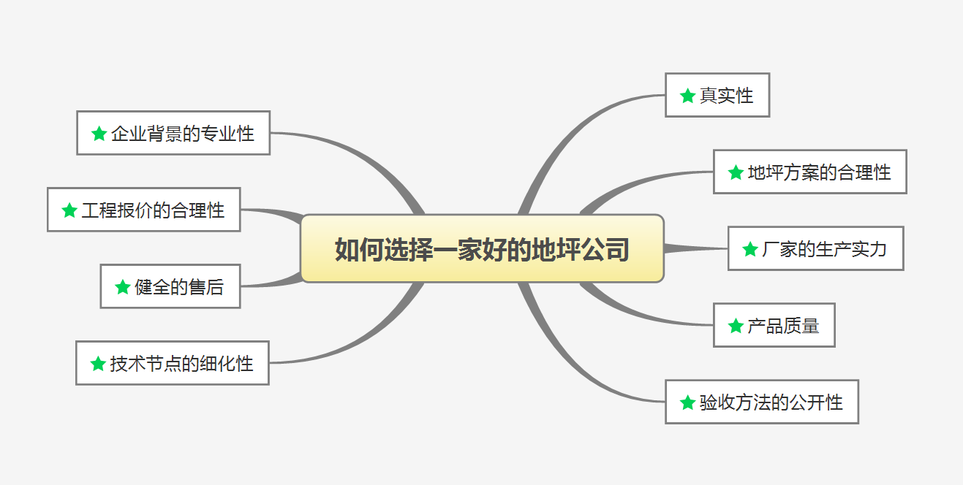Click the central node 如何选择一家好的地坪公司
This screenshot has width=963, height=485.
[x=482, y=248]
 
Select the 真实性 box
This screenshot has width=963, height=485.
[x=717, y=95]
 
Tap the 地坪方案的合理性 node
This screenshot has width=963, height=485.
[x=809, y=172]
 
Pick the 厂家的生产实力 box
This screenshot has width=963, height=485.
[x=815, y=248]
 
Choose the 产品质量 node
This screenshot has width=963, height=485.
[x=774, y=325]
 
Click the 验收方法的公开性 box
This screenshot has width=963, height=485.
[x=761, y=402]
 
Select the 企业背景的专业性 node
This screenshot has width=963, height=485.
[x=173, y=133]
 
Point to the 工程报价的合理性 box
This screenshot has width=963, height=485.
[x=143, y=210]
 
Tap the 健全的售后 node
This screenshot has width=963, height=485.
[x=170, y=286]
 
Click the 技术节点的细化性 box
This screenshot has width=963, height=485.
[x=172, y=363]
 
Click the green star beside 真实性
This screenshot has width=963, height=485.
[x=687, y=96]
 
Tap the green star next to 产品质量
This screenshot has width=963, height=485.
[x=736, y=326]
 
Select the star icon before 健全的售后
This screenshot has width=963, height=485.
[x=123, y=287]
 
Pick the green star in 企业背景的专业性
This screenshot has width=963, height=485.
[x=99, y=134]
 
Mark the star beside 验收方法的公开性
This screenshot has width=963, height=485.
[x=687, y=402]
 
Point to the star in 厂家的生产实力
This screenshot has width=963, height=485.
[x=750, y=249]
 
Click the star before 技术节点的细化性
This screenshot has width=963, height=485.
[x=98, y=364]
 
